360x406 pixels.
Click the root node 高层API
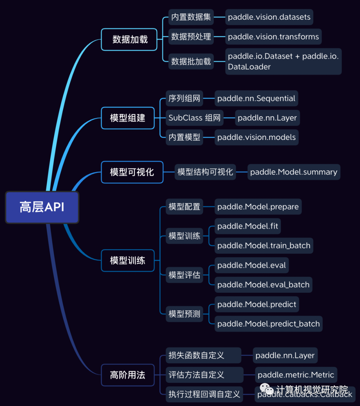click(x=42, y=207)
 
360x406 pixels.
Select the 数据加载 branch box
click(x=129, y=40)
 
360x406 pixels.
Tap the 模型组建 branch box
click(x=128, y=118)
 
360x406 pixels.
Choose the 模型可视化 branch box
click(x=132, y=172)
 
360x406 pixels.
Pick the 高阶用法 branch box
click(x=128, y=375)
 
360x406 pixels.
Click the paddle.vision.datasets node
click(x=269, y=17)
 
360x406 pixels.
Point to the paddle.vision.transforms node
click(x=273, y=37)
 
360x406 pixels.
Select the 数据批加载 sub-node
click(x=191, y=61)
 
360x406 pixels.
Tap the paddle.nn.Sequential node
click(x=256, y=99)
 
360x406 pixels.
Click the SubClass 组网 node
click(x=195, y=118)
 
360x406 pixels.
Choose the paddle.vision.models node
click(x=256, y=137)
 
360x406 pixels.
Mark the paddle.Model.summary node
click(x=294, y=172)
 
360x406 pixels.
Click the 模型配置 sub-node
click(x=184, y=207)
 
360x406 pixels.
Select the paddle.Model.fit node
click(x=248, y=226)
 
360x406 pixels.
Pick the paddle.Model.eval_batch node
click(x=263, y=285)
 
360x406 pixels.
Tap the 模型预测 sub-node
click(x=184, y=314)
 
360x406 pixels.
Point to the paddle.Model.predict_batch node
click(x=268, y=324)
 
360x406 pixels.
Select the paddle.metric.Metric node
click(x=296, y=375)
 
